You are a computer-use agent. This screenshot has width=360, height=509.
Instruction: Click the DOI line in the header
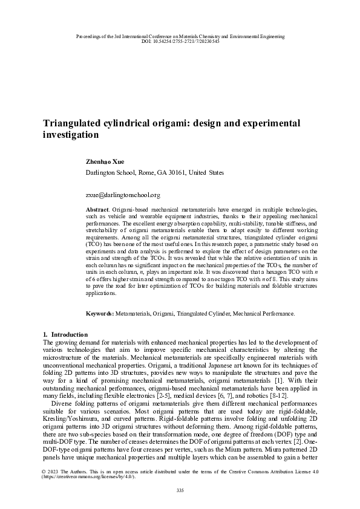pyautogui.click(x=180, y=41)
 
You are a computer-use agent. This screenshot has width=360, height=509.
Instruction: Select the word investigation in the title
pyautogui.click(x=70, y=137)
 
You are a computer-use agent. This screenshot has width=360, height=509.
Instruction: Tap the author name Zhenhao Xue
pyautogui.click(x=106, y=162)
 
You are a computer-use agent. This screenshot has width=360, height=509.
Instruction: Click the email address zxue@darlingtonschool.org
pyautogui.click(x=123, y=195)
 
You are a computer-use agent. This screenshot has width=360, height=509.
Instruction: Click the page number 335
pyautogui.click(x=180, y=489)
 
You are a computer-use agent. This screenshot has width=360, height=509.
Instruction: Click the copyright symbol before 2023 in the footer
pyautogui.click(x=45, y=470)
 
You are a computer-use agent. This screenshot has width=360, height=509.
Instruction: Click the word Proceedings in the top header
pyautogui.click(x=88, y=36)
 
